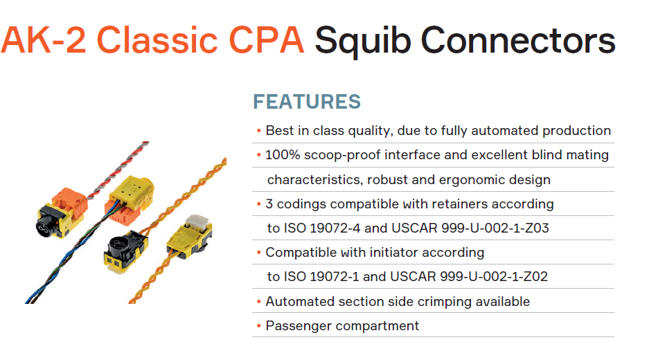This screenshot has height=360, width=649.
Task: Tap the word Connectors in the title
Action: click(518, 41)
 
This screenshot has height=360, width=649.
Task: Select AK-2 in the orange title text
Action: click(44, 40)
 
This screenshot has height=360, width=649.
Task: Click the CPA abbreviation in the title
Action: click(266, 40)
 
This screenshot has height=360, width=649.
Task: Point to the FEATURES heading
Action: click(307, 102)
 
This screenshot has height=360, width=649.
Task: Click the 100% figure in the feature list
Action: click(283, 155)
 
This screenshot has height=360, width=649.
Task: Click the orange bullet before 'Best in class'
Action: click(258, 131)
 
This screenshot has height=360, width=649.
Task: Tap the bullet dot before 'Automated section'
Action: click(258, 302)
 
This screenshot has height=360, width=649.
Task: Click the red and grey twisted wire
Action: click(118, 170)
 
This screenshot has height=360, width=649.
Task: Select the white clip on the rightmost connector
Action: click(197, 221)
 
